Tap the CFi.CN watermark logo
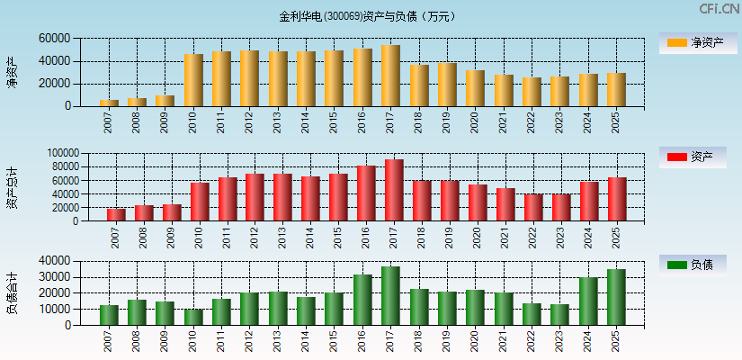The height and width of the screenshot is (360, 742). click(x=720, y=8)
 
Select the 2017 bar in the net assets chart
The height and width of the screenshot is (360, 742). click(x=390, y=76)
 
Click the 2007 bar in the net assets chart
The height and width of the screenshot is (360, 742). click(x=109, y=103)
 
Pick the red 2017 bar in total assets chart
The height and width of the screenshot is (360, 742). click(x=394, y=190)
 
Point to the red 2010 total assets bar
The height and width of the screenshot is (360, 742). click(x=200, y=202)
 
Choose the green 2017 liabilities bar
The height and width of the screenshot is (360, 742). click(x=390, y=295)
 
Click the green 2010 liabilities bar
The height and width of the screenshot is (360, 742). click(x=193, y=317)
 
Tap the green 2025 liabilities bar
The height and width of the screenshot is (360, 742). click(x=616, y=297)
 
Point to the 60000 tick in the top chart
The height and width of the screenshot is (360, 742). click(x=54, y=39)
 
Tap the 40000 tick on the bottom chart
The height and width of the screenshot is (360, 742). click(x=54, y=261)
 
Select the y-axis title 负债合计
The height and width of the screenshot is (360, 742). click(x=12, y=292)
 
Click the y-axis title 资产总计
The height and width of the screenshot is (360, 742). click(x=12, y=187)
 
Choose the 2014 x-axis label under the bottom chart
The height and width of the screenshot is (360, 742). click(x=306, y=340)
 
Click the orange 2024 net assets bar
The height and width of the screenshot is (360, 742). click(x=588, y=90)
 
